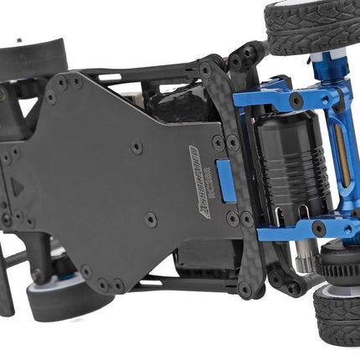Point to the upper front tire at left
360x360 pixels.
33,57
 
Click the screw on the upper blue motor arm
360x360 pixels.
296,100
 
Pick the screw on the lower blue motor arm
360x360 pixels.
319,228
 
